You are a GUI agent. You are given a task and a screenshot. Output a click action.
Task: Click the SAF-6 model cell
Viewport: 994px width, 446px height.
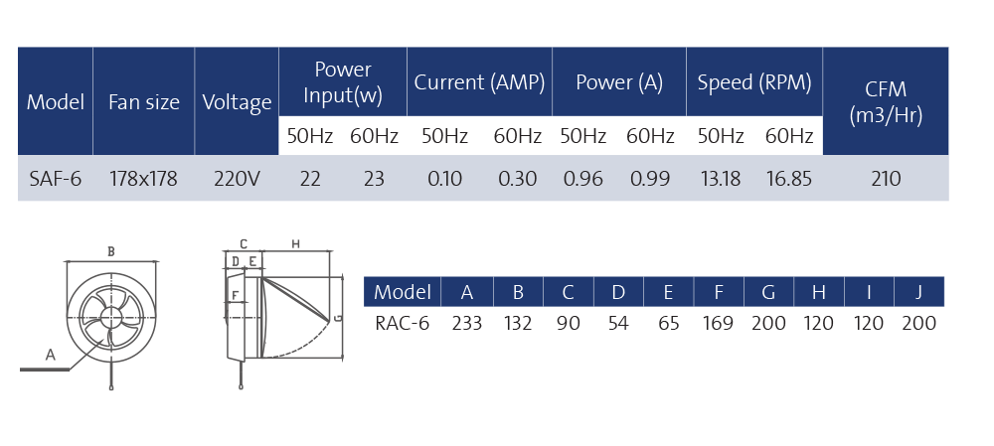point(55,179)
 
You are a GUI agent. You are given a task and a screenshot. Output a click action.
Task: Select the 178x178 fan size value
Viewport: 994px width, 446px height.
point(143,179)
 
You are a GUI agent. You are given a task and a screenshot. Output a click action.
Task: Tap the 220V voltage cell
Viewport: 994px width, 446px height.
point(237,179)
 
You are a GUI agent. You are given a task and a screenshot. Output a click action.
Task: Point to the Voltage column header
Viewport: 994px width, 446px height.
point(237,102)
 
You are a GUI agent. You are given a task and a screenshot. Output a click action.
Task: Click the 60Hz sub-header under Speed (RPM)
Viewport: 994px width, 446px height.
point(788,136)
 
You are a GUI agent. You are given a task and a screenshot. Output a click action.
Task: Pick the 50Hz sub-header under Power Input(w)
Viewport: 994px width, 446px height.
point(309,136)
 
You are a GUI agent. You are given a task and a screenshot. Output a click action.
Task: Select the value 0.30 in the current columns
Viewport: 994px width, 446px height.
point(517,179)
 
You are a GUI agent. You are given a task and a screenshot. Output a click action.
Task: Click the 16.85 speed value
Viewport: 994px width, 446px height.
point(788,179)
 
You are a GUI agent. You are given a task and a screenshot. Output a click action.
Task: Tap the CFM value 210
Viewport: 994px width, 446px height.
point(886,179)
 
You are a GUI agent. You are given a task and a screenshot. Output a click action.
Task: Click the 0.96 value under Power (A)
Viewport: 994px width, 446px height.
point(583,179)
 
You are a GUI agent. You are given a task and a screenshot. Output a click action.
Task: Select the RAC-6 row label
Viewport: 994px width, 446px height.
point(402,323)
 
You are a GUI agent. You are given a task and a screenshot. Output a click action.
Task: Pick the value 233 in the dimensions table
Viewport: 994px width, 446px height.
point(466,323)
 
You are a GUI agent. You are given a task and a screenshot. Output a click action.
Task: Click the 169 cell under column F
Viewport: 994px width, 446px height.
point(718,323)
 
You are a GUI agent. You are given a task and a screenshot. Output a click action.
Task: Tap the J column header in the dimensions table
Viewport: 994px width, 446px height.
point(918,293)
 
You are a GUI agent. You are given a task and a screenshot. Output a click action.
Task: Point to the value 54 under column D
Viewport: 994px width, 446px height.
point(618,323)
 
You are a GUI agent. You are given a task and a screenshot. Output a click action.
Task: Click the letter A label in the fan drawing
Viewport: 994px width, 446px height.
point(50,355)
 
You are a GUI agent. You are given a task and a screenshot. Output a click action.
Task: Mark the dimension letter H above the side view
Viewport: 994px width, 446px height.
point(295,243)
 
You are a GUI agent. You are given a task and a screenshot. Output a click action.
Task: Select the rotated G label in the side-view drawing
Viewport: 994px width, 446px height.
point(339,318)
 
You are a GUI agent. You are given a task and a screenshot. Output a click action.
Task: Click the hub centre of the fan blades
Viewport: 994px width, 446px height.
point(111,317)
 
